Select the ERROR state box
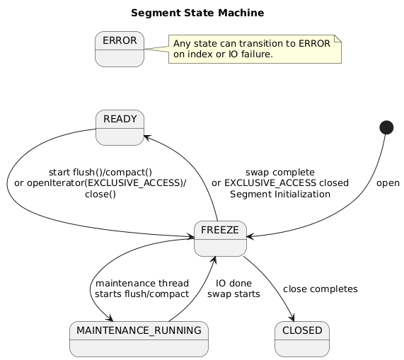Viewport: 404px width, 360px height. coord(120,49)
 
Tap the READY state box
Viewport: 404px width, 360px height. coord(120,127)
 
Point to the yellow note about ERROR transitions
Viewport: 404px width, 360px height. coord(255,49)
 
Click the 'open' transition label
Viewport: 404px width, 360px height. coord(388,183)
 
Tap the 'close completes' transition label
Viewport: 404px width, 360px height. coord(320,289)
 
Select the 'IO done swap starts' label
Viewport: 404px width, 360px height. coord(233,289)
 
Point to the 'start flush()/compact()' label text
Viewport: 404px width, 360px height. coord(100,172)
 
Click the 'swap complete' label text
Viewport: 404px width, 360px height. coord(280,172)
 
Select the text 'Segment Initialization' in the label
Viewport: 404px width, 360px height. coord(280,194)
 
